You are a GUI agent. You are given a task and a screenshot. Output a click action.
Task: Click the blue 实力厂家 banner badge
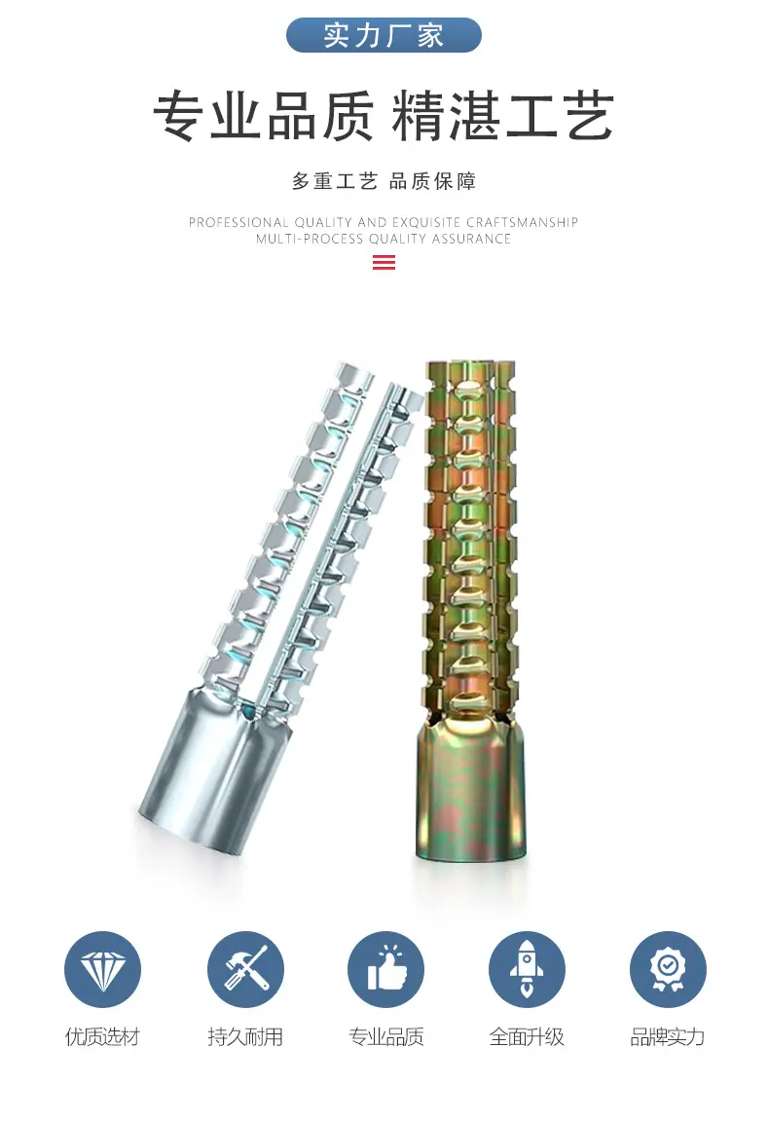(x=384, y=35)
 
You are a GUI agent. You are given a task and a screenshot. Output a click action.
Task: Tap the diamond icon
(x=102, y=969)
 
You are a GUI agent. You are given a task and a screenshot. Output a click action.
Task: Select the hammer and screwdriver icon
(x=245, y=969)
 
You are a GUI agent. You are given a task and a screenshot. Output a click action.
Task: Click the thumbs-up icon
(x=385, y=969)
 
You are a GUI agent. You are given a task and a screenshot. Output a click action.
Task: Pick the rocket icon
(x=527, y=969)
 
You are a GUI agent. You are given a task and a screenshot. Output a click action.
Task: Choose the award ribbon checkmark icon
(x=668, y=969)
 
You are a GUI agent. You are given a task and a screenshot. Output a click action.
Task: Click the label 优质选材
(x=102, y=1036)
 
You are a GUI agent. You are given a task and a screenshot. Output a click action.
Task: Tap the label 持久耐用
(x=245, y=1036)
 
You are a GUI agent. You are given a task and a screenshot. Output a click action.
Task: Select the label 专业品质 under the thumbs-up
(x=385, y=1036)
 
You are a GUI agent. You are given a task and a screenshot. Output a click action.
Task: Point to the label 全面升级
(x=527, y=1036)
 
